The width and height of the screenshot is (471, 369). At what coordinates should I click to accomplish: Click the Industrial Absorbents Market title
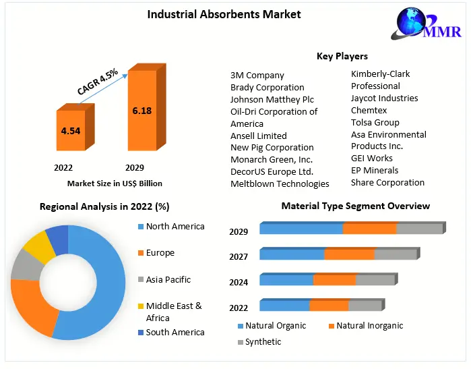tap(224, 13)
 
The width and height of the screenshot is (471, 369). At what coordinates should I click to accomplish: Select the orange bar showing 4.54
tap(70, 130)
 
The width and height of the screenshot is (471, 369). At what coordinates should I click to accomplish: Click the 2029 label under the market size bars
tap(133, 167)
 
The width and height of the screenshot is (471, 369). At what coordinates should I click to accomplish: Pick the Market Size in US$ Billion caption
tap(115, 183)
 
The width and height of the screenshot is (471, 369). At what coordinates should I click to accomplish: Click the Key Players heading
tap(342, 56)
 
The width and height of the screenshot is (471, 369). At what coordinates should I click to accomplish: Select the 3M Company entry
tap(257, 76)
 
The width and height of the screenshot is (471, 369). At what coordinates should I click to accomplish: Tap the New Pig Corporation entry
tap(272, 147)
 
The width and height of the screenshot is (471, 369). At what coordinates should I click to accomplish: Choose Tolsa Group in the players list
tap(375, 122)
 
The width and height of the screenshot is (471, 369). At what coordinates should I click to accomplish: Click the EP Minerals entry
tap(375, 170)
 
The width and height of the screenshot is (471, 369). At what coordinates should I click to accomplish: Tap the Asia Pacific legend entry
tap(168, 279)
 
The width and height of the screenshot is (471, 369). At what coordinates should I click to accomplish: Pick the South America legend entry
tap(175, 332)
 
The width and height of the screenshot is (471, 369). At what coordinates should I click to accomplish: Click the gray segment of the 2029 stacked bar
tap(419, 228)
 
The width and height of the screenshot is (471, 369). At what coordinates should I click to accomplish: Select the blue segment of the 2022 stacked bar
tap(284, 305)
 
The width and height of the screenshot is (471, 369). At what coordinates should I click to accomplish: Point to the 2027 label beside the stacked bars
tap(239, 256)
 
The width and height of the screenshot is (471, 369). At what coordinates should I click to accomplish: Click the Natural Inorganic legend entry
tap(369, 326)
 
